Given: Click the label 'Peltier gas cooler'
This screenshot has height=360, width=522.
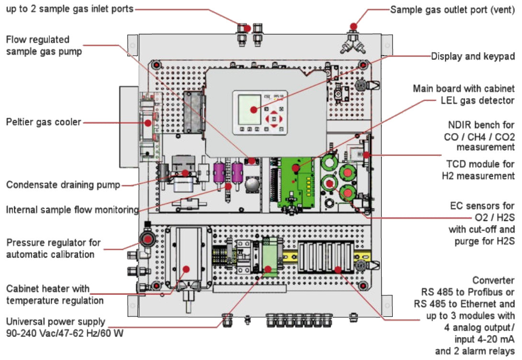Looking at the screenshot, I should tap(44, 123).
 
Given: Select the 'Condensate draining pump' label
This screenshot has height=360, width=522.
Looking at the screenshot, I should tap(63, 185).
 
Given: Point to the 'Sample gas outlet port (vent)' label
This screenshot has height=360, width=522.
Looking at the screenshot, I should tap(453, 10).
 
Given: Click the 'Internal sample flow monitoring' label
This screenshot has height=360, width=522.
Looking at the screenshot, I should tap(72, 210).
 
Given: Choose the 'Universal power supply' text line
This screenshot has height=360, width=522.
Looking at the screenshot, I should tap(56, 322).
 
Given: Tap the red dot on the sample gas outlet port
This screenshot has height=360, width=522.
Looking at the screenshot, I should tap(353, 26).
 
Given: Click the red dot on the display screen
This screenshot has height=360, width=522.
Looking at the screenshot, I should tap(253, 109).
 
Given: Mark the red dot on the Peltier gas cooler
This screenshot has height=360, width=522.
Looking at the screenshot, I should tap(148, 123).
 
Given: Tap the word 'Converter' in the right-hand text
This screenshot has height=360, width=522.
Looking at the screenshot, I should tap(493, 280).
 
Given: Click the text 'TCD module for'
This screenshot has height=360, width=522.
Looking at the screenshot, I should tap(478, 164).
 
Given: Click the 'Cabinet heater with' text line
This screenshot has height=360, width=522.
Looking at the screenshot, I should tap(48, 289).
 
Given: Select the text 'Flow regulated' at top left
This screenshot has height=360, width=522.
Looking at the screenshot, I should tap(38, 39).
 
